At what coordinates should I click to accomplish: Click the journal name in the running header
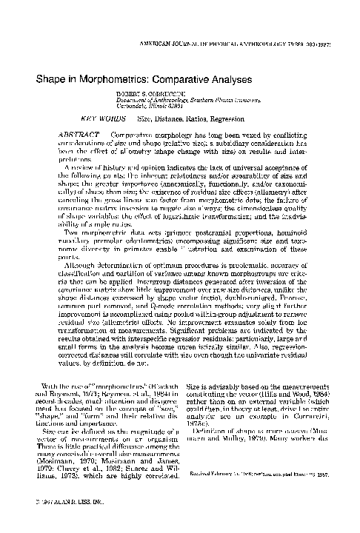239,45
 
